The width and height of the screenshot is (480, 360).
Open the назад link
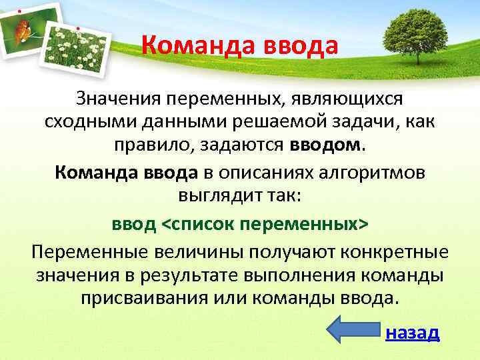pyautogui.click(x=413, y=333)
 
